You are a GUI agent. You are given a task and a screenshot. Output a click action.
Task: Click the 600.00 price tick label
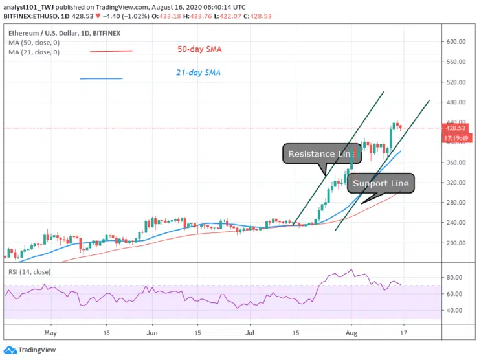tap(456, 41)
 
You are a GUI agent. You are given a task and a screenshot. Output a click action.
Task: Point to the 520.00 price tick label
tap(456, 82)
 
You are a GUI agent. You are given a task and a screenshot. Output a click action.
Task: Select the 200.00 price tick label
tap(456, 243)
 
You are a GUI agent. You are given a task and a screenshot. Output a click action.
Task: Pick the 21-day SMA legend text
tap(198, 73)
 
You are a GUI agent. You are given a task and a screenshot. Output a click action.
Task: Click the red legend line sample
tap(111, 51)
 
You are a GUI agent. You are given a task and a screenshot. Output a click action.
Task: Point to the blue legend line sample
tap(101, 79)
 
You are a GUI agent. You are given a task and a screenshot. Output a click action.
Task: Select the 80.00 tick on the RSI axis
tap(455, 278)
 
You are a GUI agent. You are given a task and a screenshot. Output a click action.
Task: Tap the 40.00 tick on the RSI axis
tap(455, 310)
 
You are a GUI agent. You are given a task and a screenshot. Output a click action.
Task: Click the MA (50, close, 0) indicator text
tap(34, 43)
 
